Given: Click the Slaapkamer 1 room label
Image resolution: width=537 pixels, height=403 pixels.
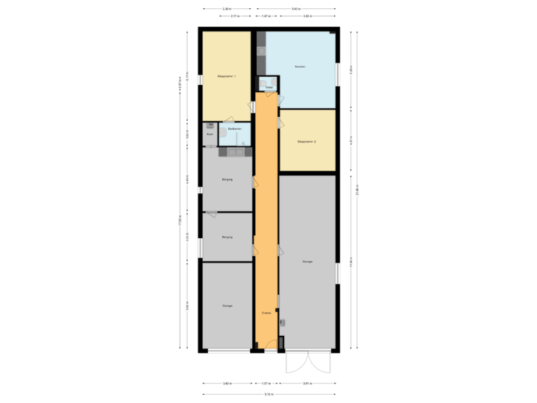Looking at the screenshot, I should (x=226, y=76).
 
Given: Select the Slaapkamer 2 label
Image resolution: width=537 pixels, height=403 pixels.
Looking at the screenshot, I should (x=307, y=141).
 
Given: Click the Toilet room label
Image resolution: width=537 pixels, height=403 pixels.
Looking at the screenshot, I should (x=268, y=87).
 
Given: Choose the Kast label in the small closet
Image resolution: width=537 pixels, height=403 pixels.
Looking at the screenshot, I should (x=210, y=134).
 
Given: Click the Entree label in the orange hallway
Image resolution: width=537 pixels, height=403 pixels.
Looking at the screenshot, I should (x=266, y=313).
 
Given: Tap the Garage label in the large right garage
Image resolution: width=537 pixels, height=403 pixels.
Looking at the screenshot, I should (x=307, y=262).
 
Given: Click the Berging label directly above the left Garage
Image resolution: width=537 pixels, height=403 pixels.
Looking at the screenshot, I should (x=227, y=237).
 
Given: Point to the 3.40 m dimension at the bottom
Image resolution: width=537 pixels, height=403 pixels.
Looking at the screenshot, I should (x=226, y=384).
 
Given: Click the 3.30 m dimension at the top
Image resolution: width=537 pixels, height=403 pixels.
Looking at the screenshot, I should (x=226, y=9).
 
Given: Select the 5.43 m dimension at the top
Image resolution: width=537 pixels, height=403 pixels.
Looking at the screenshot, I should (x=296, y=9).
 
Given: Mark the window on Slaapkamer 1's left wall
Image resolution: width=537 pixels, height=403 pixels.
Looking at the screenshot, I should (x=200, y=76).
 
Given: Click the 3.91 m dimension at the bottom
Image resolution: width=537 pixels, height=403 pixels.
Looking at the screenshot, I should (x=307, y=384).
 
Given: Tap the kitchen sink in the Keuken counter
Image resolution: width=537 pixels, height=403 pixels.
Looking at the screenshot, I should (x=261, y=51).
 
